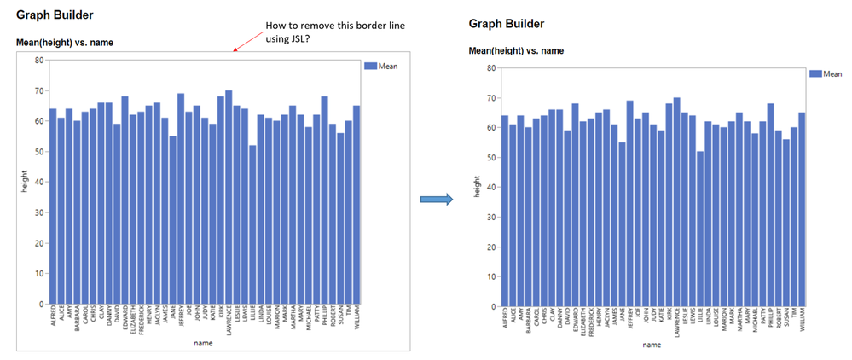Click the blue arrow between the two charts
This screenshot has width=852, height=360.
(435, 199)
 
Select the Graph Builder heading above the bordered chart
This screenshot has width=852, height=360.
(55, 15)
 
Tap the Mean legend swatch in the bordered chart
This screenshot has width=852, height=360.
(369, 66)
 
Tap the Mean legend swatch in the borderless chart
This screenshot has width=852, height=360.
(815, 74)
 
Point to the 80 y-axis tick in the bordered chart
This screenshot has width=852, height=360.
(39, 60)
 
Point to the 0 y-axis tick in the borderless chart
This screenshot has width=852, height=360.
(490, 306)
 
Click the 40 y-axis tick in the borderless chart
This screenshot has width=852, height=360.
(488, 188)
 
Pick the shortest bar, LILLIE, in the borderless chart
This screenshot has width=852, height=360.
(699, 229)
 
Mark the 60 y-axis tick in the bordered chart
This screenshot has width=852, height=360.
(39, 121)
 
